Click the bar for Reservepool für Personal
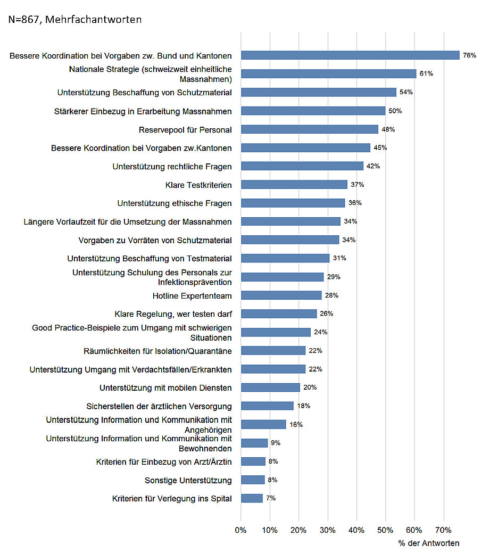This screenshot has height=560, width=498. pyautogui.click(x=310, y=129)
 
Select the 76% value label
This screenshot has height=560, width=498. pyautogui.click(x=469, y=55)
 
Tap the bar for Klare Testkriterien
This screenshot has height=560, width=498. pyautogui.click(x=294, y=185)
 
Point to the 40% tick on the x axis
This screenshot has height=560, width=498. pyautogui.click(x=356, y=530)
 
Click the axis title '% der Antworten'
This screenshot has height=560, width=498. pyautogui.click(x=429, y=543)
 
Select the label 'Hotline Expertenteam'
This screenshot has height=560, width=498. pyautogui.click(x=192, y=295)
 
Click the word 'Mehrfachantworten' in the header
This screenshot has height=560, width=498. pyautogui.click(x=99, y=20)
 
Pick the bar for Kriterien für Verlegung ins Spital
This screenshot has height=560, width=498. pyautogui.click(x=252, y=498)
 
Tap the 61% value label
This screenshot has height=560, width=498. pyautogui.click(x=426, y=73)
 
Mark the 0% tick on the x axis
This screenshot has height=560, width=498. pyautogui.click(x=241, y=530)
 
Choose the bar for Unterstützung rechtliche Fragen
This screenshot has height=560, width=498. pyautogui.click(x=302, y=166)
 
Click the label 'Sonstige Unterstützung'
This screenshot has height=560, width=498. pyautogui.click(x=188, y=480)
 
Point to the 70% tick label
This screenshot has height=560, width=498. pyautogui.click(x=443, y=530)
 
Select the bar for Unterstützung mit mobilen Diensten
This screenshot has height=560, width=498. pyautogui.click(x=270, y=388)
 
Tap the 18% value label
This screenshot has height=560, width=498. pyautogui.click(x=304, y=406)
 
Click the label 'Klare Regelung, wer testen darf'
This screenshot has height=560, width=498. pyautogui.click(x=173, y=314)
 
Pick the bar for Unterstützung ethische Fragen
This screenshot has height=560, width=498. pyautogui.click(x=293, y=203)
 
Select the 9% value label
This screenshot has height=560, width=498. pyautogui.click(x=275, y=443)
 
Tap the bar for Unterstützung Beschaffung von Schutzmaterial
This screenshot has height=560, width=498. pyautogui.click(x=319, y=92)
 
